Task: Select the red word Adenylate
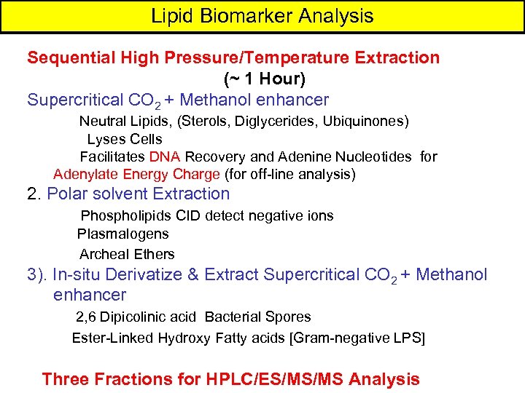85,174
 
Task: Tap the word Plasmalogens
122,234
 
